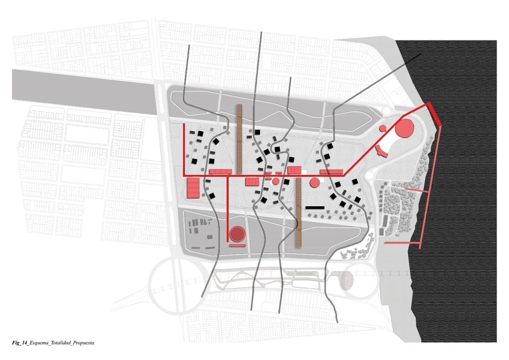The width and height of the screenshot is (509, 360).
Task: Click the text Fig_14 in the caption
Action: (x=20, y=343)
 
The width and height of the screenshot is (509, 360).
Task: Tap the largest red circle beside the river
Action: (x=405, y=128)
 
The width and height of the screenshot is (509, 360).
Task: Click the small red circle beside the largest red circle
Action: (x=383, y=128)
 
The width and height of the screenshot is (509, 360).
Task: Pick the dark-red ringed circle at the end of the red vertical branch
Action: (x=237, y=233)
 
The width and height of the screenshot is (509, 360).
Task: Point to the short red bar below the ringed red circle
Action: (x=237, y=245)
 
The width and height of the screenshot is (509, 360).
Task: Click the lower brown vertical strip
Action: (x=299, y=212)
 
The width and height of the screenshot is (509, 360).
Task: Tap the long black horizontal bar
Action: (x=315, y=207)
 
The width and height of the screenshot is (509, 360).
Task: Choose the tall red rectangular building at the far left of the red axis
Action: (x=193, y=188)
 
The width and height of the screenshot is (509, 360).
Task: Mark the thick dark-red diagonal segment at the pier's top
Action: (x=434, y=113)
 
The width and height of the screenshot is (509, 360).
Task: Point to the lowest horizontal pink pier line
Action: (x=403, y=243)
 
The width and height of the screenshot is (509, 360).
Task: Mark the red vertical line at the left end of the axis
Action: (x=184, y=149)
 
